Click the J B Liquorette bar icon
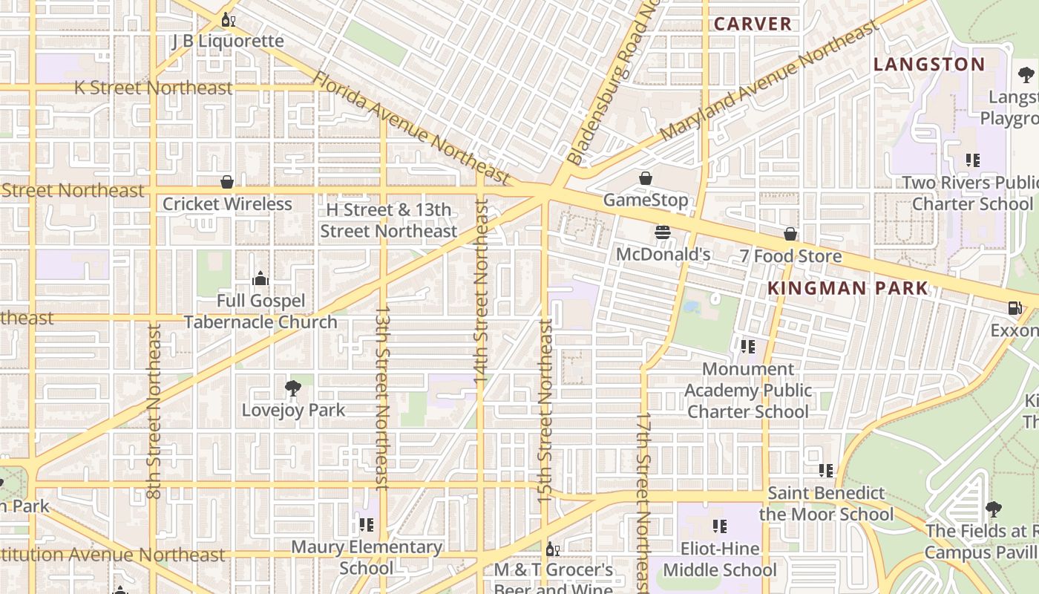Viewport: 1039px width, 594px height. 228,20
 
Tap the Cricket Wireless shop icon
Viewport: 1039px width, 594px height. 227,182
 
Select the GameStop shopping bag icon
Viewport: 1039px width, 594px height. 646,178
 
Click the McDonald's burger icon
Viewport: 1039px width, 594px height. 663,233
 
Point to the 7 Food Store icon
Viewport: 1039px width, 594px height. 790,235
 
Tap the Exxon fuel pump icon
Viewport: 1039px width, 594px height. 1015,308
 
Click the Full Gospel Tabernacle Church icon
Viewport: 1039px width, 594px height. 260,279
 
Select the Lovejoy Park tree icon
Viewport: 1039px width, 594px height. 293,388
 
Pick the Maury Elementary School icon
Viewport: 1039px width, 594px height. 367,525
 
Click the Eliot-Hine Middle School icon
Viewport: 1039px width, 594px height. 720,526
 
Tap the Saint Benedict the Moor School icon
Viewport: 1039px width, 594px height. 826,471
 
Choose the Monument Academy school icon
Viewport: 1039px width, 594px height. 748,347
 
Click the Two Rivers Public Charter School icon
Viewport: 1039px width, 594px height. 972,160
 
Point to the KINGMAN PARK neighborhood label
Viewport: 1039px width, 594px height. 848,288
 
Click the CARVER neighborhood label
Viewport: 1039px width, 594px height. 753,24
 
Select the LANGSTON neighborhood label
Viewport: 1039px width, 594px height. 929,65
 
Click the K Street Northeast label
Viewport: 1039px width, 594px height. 154,88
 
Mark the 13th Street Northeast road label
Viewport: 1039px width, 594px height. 381,398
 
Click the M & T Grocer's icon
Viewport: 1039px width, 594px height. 552,549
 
